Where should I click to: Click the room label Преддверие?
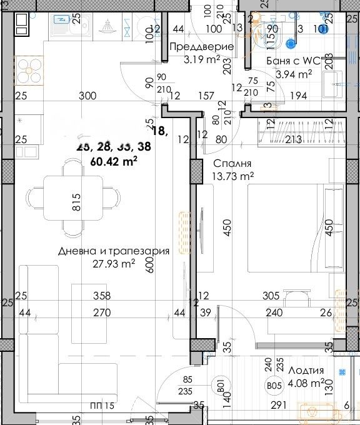click(x=202, y=47)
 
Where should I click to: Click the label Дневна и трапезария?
click(x=114, y=251)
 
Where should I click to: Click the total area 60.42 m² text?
click(x=114, y=161)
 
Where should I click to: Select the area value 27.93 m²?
click(x=114, y=264)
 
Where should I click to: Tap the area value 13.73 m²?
click(x=233, y=177)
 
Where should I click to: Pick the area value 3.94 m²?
click(x=294, y=74)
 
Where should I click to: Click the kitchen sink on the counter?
click(x=62, y=26)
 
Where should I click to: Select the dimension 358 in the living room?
click(x=102, y=296)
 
